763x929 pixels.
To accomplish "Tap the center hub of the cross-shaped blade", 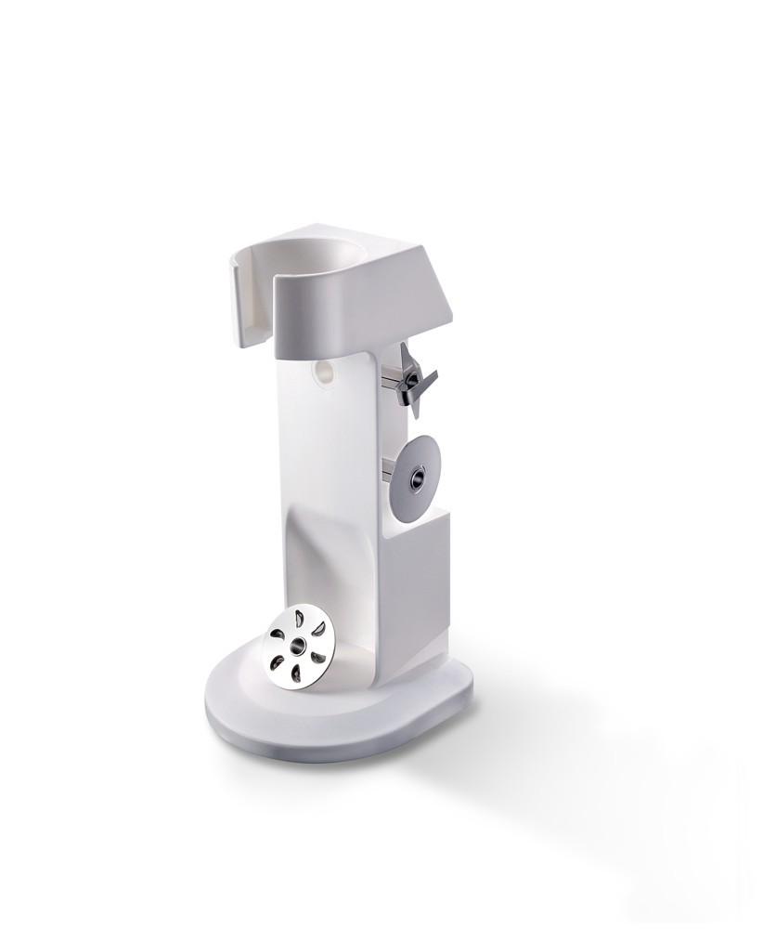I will click(x=409, y=381).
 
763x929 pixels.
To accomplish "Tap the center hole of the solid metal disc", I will click(x=414, y=479).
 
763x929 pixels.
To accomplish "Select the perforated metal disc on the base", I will click(x=299, y=647).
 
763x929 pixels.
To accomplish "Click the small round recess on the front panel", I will click(x=324, y=373).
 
